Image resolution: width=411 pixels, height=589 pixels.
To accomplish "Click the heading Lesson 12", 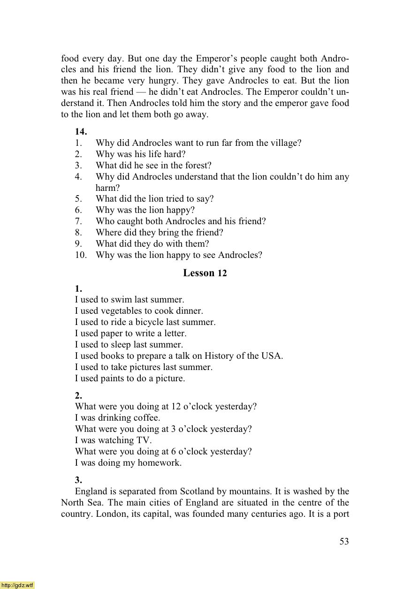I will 205,273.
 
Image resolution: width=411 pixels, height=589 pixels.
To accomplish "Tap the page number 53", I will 344,541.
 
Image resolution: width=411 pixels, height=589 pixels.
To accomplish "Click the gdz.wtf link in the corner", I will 17,585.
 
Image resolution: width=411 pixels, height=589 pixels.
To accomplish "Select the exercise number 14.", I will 81,132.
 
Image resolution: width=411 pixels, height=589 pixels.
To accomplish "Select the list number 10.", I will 80,255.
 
